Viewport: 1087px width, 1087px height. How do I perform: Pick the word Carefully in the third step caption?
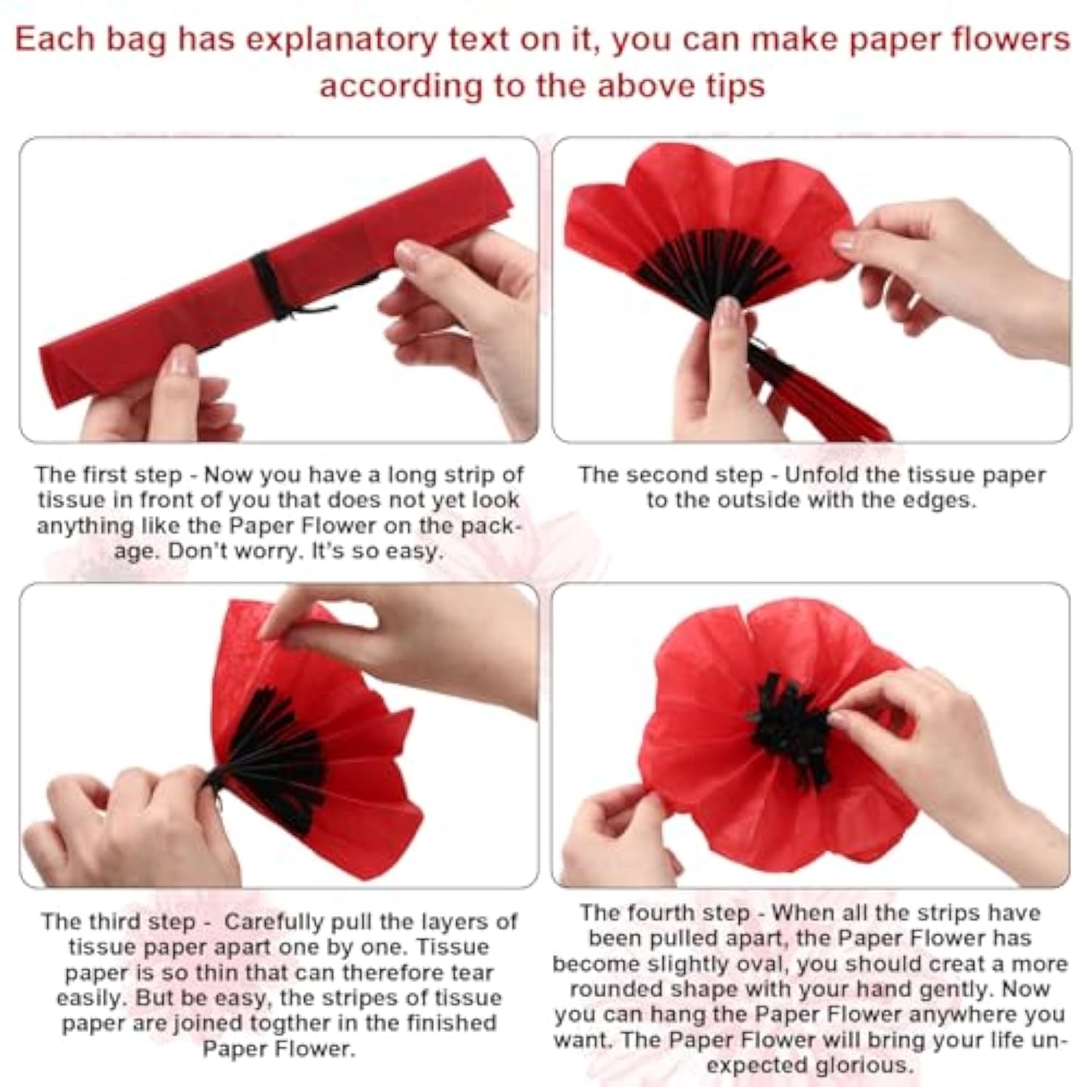(274, 922)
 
